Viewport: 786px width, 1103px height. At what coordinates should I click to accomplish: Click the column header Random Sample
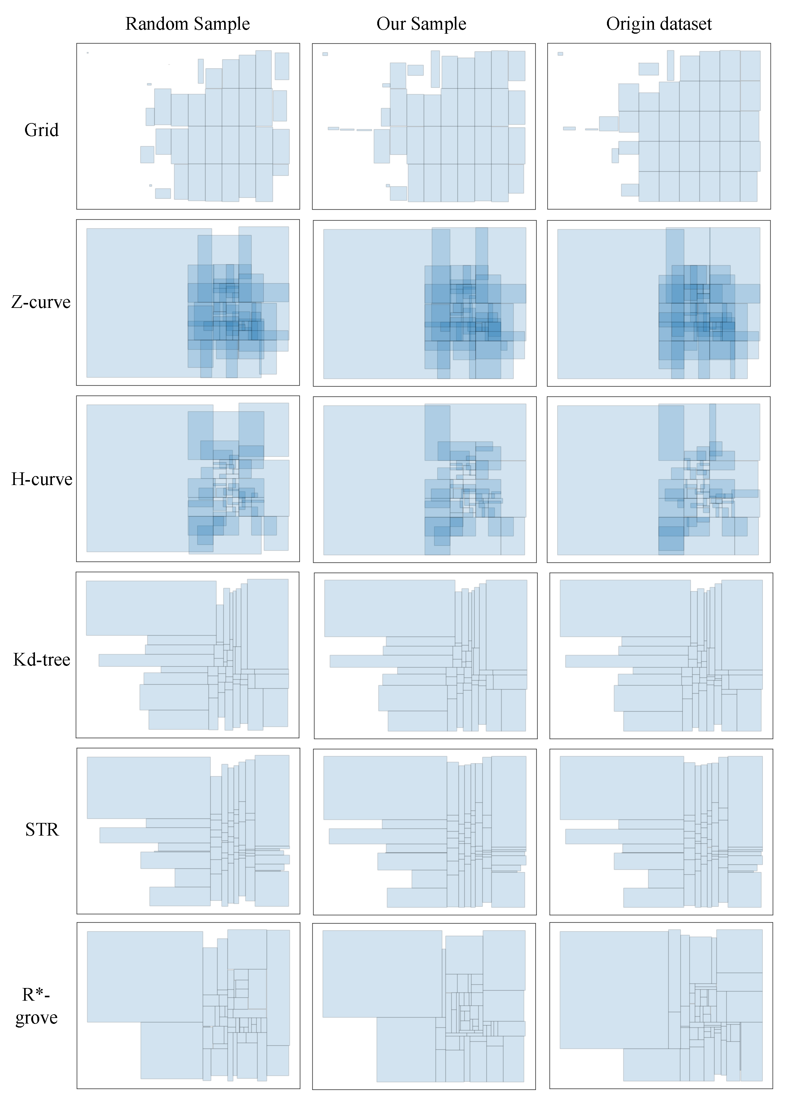coord(187,24)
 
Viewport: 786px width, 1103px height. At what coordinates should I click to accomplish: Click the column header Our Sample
coord(421,24)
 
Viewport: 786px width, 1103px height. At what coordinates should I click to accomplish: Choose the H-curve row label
coord(42,479)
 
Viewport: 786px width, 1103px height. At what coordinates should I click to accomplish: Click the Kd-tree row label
coord(42,659)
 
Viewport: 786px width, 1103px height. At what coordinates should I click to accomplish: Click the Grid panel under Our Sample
coord(424,126)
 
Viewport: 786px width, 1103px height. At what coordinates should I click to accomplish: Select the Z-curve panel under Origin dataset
coord(658,303)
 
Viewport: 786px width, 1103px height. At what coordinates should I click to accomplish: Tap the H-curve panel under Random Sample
coord(188,479)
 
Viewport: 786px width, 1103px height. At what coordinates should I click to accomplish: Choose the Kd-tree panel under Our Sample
coord(425,655)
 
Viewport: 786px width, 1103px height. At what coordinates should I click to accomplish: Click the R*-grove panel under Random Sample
coord(188,1005)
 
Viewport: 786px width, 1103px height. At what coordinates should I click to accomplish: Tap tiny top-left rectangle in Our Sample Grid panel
coord(325,54)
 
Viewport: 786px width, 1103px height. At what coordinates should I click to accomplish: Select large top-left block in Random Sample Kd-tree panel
coord(151,608)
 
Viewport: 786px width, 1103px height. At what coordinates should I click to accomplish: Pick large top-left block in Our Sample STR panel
coord(385,788)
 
